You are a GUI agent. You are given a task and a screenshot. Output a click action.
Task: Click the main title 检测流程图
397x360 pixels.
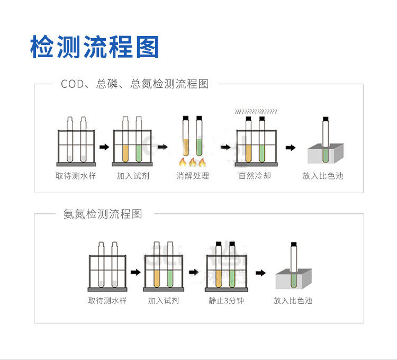click(x=95, y=47)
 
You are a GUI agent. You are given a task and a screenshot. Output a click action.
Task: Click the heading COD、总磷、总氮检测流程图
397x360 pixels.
click(x=135, y=84)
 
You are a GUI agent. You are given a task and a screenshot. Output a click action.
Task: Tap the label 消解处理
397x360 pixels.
click(x=193, y=176)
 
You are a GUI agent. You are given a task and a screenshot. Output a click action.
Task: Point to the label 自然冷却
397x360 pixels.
click(x=255, y=176)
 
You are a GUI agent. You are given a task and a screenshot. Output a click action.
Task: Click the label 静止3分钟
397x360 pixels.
click(x=226, y=301)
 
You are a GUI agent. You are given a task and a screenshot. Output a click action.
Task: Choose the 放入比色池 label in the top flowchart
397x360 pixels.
click(x=323, y=176)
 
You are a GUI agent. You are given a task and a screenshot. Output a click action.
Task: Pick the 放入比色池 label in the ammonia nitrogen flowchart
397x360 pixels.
click(x=293, y=301)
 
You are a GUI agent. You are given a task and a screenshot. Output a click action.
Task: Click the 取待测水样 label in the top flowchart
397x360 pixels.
click(x=76, y=176)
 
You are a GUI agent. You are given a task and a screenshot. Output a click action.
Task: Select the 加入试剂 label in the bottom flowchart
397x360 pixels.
click(x=164, y=301)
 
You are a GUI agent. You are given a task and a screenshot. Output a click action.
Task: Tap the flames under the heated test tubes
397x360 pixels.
click(x=193, y=161)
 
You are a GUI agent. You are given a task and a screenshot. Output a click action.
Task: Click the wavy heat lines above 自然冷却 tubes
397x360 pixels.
click(x=256, y=112)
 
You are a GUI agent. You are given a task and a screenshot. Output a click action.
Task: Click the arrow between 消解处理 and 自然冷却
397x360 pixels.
click(x=226, y=147)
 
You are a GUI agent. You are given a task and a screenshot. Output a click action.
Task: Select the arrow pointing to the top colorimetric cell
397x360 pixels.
click(x=290, y=147)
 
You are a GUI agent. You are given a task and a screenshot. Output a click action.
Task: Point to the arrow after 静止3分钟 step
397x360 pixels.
click(x=260, y=273)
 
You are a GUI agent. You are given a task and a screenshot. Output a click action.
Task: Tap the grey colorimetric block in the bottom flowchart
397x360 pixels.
click(x=293, y=279)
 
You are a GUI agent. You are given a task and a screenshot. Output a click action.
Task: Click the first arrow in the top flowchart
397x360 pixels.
click(x=104, y=147)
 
